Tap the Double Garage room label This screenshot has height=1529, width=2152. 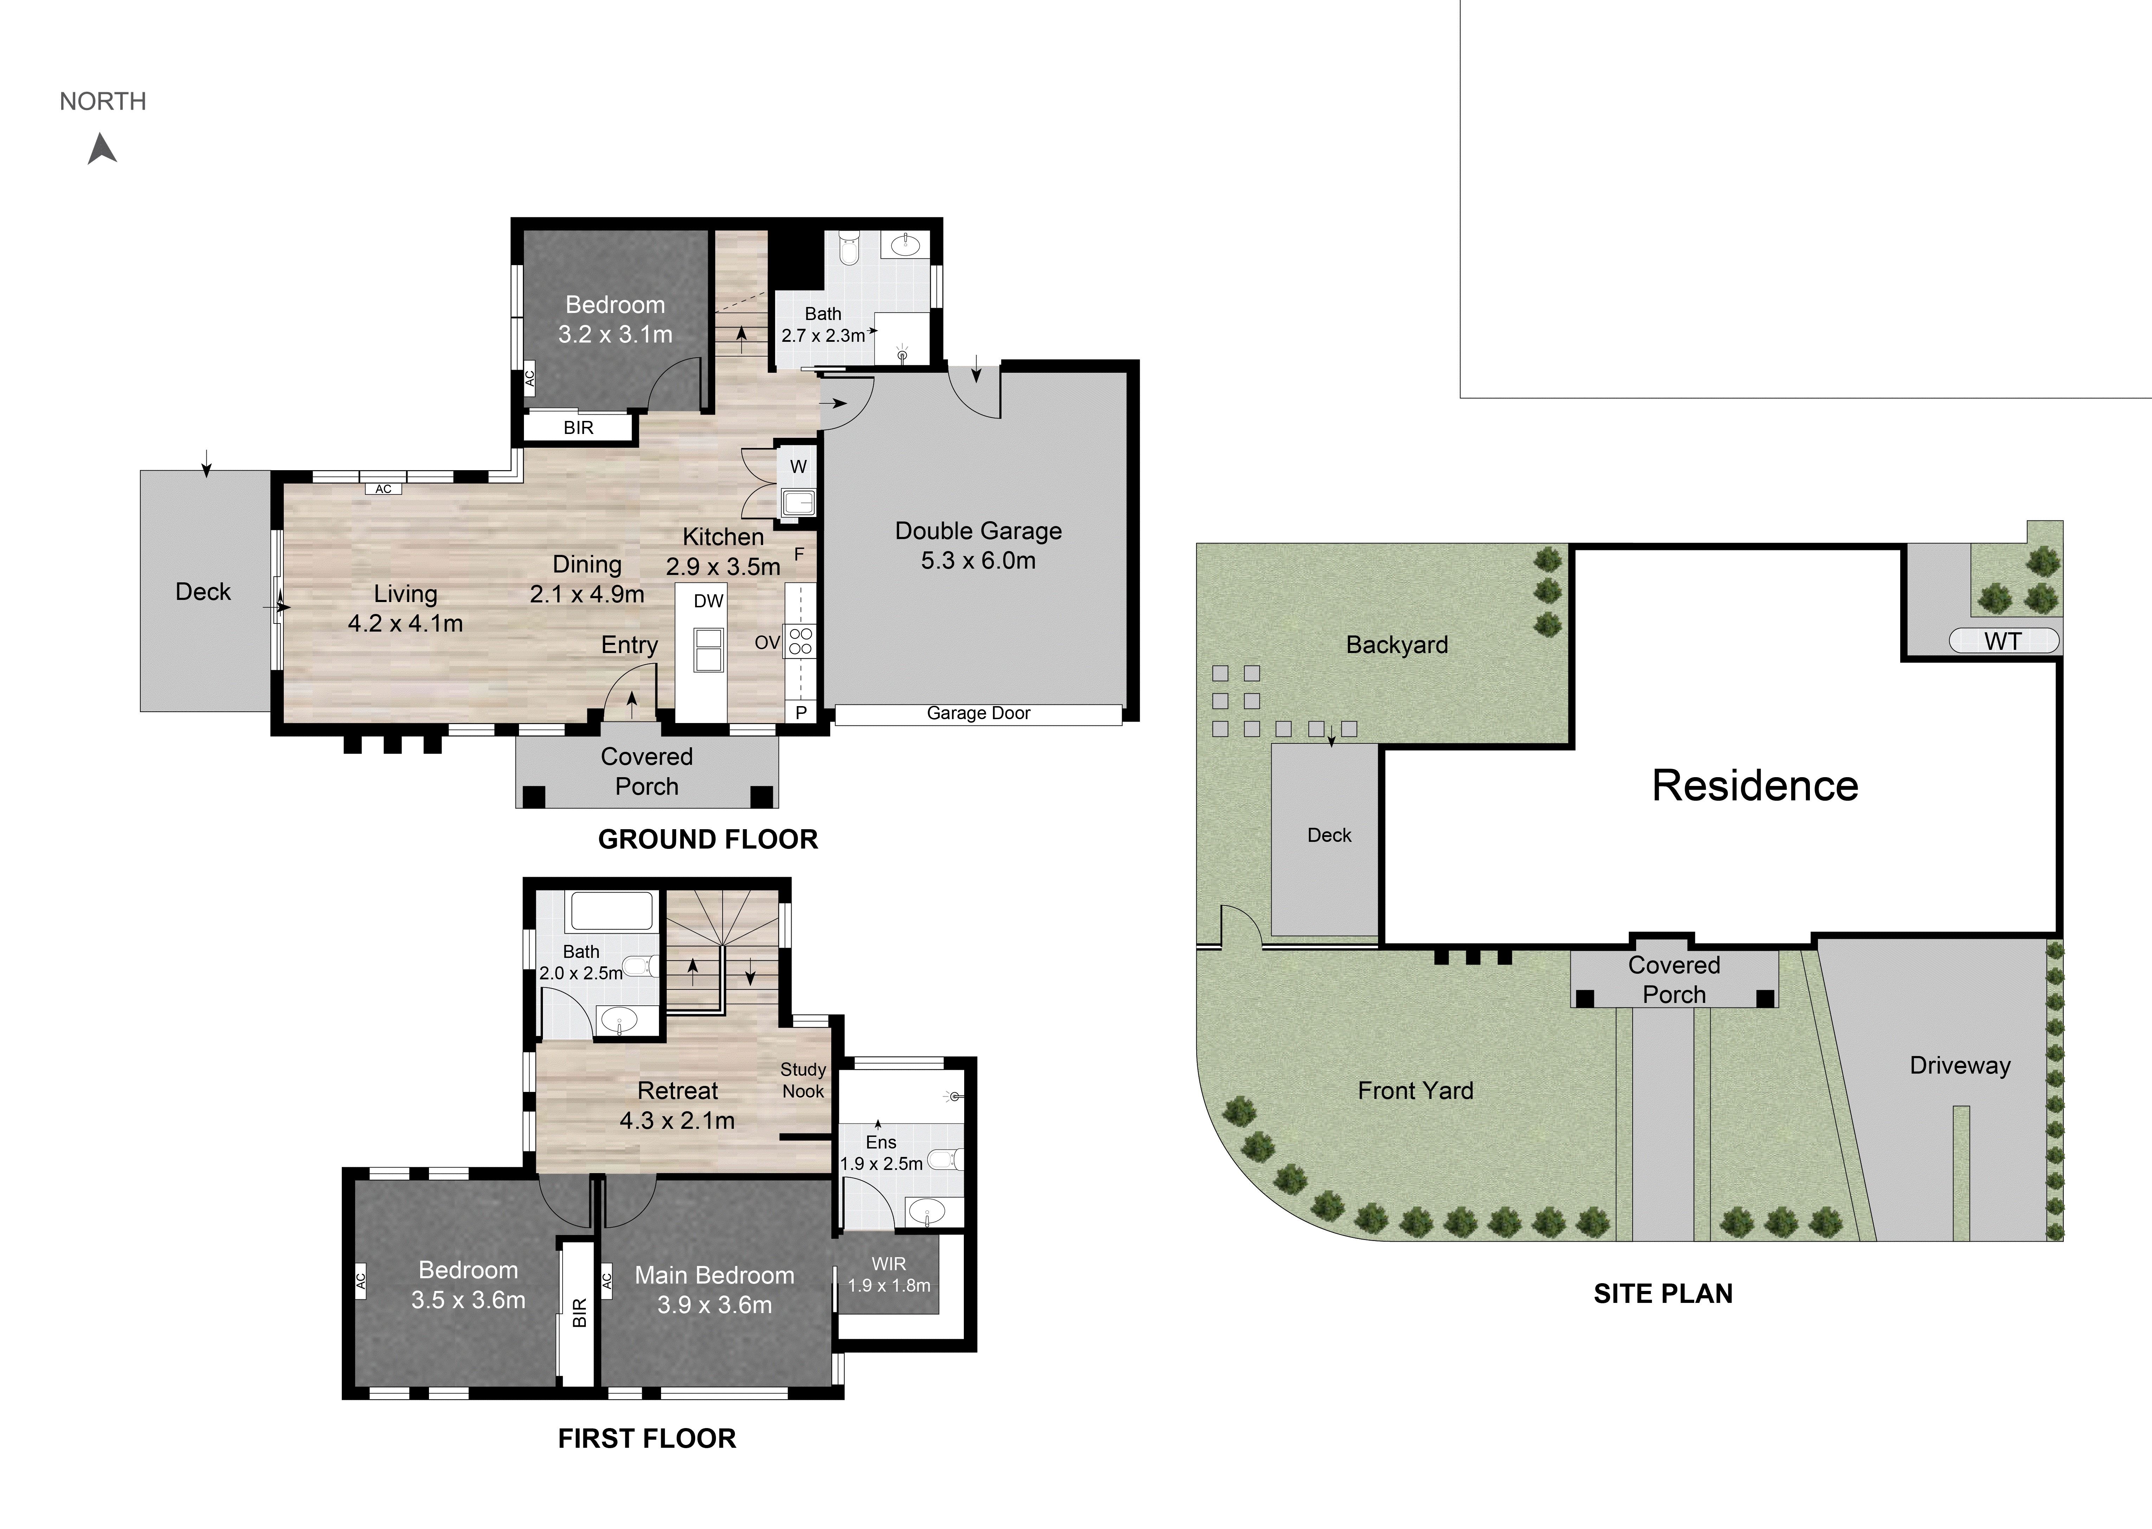978,545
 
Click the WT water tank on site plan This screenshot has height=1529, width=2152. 2003,641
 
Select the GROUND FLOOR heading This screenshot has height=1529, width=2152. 708,839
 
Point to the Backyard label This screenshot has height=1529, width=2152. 1397,645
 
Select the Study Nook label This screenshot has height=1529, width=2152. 803,1080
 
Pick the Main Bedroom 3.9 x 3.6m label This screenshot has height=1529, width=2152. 715,1290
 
